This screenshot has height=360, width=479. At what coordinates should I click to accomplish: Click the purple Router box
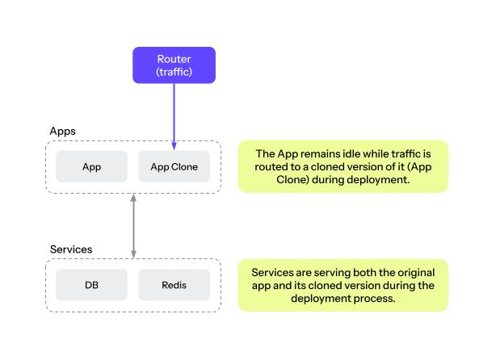(174, 65)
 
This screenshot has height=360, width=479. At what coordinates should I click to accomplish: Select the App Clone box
(174, 167)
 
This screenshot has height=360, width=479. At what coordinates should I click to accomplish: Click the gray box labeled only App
(91, 167)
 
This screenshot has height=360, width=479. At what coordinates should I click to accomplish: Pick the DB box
(91, 285)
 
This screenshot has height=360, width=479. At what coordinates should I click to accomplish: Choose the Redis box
(174, 285)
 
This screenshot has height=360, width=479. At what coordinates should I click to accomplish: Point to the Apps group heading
(63, 131)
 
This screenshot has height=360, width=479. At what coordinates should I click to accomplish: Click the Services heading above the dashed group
(71, 249)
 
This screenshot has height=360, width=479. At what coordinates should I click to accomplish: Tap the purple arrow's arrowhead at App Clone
(174, 146)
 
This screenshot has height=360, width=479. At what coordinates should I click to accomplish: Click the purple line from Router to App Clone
(174, 113)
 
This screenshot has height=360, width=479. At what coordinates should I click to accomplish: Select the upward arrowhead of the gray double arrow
(133, 198)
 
